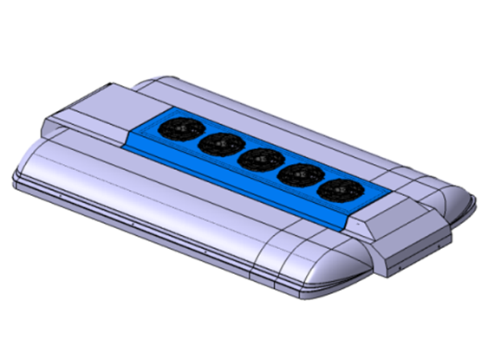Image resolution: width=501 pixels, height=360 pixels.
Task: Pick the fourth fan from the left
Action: (295, 173)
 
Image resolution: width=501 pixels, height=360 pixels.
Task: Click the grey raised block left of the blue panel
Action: (95, 108)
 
